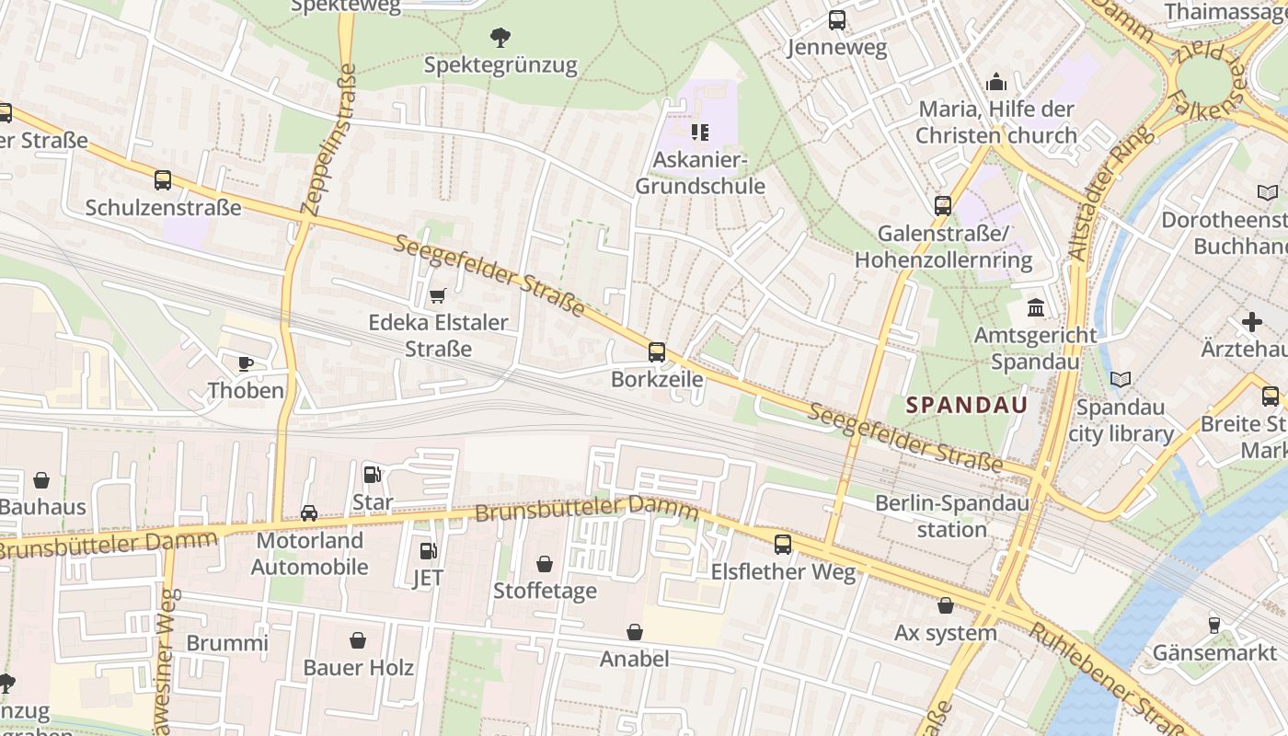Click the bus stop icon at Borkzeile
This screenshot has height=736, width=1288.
[656, 351]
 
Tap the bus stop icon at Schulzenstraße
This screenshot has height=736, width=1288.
[163, 180]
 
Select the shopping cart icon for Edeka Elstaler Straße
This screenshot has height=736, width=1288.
[437, 295]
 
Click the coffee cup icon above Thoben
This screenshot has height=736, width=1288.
[246, 363]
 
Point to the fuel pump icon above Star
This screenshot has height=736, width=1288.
[373, 475]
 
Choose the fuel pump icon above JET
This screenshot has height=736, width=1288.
[428, 551]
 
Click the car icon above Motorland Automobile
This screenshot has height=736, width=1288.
[309, 513]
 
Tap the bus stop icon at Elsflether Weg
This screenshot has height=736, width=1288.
[782, 545]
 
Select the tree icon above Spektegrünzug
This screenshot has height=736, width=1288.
[500, 38]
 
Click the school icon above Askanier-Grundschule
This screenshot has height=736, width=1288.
[700, 132]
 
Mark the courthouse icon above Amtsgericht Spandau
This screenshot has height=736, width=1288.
[1036, 307]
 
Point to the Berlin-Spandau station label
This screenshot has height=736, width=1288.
[951, 516]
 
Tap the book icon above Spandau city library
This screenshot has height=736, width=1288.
[1120, 379]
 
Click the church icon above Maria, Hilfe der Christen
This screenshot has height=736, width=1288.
[996, 83]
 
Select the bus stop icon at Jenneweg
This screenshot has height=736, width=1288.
[836, 20]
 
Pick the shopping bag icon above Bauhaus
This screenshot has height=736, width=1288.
[41, 480]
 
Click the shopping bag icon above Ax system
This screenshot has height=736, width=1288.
[945, 605]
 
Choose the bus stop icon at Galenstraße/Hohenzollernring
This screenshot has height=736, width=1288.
[943, 206]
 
